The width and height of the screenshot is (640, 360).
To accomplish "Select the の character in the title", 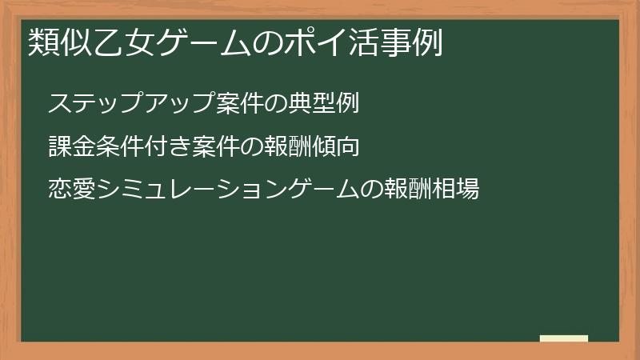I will [x=257, y=42].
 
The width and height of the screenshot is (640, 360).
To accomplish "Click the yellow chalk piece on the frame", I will [x=563, y=339].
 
